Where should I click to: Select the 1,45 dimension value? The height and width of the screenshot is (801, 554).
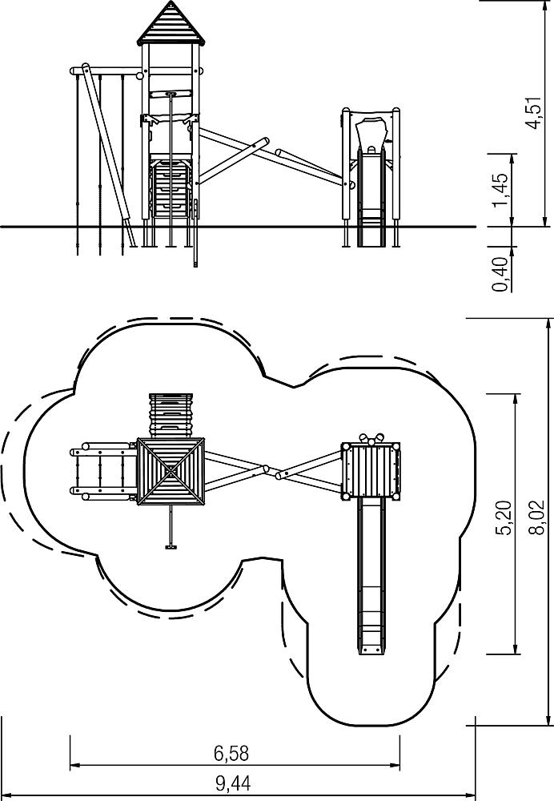[x=501, y=190]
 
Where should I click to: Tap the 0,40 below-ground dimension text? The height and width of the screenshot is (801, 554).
[x=501, y=274]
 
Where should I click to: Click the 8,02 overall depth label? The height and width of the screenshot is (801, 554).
[x=536, y=518]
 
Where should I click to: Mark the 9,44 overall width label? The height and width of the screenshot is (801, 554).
[x=233, y=783]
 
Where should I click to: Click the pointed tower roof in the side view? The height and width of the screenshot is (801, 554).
[x=170, y=23]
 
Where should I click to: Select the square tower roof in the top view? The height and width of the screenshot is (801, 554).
[x=171, y=471]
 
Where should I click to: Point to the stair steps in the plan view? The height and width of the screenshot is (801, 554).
[x=171, y=415]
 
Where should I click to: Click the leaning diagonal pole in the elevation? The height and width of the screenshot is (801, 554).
[x=109, y=155]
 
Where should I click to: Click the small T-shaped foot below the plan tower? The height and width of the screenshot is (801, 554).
[x=171, y=547]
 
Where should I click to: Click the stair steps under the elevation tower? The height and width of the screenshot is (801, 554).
[x=171, y=187]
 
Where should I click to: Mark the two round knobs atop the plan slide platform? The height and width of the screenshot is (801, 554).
[x=371, y=438]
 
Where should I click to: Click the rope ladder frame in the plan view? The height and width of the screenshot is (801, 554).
[x=103, y=470]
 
